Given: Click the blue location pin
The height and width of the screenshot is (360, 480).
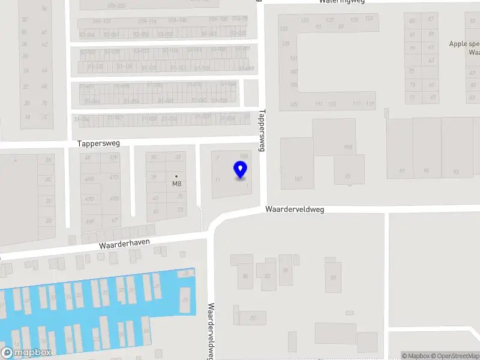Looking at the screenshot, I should (x=241, y=170).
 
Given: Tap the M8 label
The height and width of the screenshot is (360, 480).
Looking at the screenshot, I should (x=177, y=184).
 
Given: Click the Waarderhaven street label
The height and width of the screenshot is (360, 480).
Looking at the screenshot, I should (x=124, y=245).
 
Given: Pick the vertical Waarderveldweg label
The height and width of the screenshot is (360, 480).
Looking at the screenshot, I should (x=211, y=329).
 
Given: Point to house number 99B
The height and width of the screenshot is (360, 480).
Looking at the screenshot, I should (x=347, y=147).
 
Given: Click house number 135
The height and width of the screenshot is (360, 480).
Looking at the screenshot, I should (x=286, y=44).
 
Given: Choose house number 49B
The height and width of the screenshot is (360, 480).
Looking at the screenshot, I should (x=89, y=179).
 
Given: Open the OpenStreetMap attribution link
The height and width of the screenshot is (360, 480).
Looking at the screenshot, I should (x=455, y=356).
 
